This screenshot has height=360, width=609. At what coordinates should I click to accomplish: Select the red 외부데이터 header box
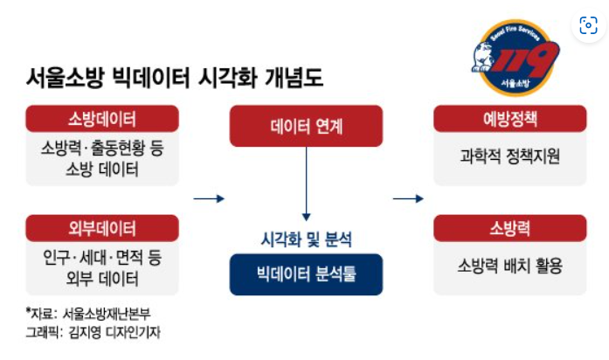pyautogui.click(x=102, y=230)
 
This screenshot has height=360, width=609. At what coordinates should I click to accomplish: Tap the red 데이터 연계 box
pyautogui.click(x=306, y=127)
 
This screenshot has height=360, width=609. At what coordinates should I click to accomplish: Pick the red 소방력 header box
pyautogui.click(x=510, y=230)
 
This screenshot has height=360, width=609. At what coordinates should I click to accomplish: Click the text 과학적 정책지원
pyautogui.click(x=510, y=157)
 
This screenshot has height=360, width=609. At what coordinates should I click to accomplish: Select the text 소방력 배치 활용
pyautogui.click(x=510, y=266)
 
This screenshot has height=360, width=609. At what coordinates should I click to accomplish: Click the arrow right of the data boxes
pyautogui.click(x=208, y=199)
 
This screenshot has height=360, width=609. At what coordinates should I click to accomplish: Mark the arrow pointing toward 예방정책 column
pyautogui.click(x=408, y=199)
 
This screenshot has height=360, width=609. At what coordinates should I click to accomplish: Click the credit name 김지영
pyautogui.click(x=82, y=333)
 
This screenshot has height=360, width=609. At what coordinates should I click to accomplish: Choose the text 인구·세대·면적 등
pyautogui.click(x=102, y=260)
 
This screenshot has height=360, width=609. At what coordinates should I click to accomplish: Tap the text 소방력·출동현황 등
pyautogui.click(x=102, y=149)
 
